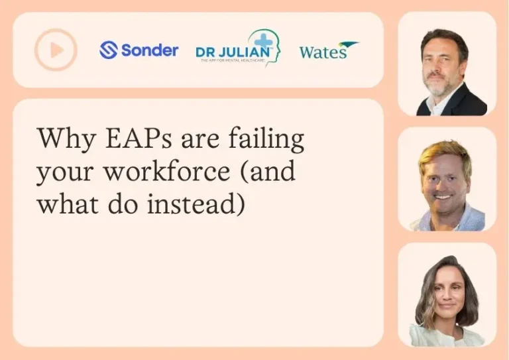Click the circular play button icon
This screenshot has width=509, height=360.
pos(56,50)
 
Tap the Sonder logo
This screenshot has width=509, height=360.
pos(139,50)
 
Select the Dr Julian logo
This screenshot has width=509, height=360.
pos(237,48)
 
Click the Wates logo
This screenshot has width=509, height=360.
pos(327,50)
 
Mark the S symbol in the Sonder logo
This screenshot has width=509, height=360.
pos(108,50)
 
